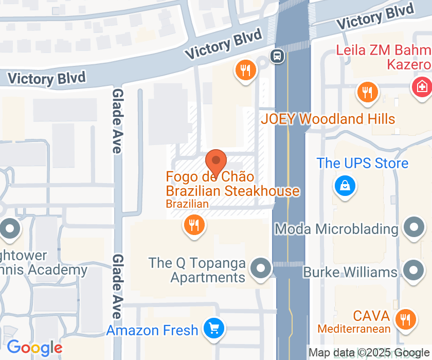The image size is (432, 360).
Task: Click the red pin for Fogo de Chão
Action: pyautogui.click(x=217, y=161)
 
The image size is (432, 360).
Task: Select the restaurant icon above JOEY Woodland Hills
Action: pyautogui.click(x=368, y=93)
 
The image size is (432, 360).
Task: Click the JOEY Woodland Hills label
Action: pyautogui.click(x=328, y=119)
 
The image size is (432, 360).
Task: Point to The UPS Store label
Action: pyautogui.click(x=362, y=163)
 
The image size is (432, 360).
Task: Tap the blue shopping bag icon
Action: pyautogui.click(x=344, y=185)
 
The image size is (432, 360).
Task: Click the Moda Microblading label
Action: pyautogui.click(x=336, y=229)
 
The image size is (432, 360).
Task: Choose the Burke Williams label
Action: pyautogui.click(x=350, y=272)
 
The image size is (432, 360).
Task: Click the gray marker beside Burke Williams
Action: pyautogui.click(x=413, y=270)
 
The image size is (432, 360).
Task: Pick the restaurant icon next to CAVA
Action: pyautogui.click(x=406, y=319)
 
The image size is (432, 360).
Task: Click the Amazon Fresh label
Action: pyautogui.click(x=152, y=330)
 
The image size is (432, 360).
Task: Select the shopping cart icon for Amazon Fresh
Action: pyautogui.click(x=213, y=328)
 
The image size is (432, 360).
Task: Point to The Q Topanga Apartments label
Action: pyautogui.click(x=197, y=270)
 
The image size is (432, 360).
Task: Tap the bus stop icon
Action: pyautogui.click(x=277, y=56)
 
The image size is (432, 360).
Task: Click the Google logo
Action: pyautogui.click(x=34, y=348)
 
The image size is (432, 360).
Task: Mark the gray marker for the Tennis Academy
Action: pyautogui.click(x=10, y=227)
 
